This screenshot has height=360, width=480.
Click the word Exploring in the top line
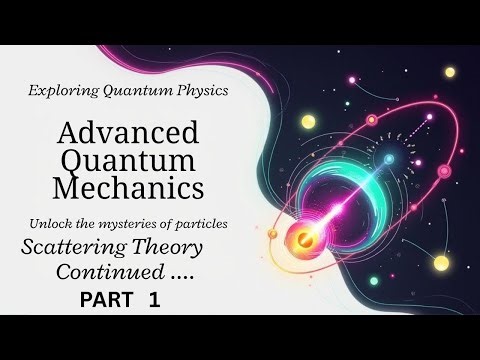pos(61,91)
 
